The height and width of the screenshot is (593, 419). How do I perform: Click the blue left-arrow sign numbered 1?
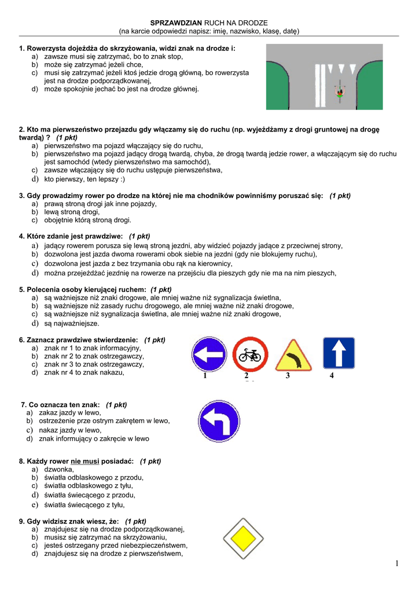pyautogui.click(x=209, y=353)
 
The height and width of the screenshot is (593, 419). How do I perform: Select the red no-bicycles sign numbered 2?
pyautogui.click(x=250, y=354)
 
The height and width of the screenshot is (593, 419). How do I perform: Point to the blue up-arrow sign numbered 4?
pyautogui.click(x=339, y=353)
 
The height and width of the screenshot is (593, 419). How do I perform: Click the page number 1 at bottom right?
pyautogui.click(x=398, y=563)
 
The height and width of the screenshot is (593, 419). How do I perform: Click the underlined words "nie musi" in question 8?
pyautogui.click(x=85, y=462)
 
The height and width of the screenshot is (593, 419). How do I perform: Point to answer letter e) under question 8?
pyautogui.click(x=35, y=504)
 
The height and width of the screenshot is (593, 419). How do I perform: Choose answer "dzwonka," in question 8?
pyautogui.click(x=59, y=470)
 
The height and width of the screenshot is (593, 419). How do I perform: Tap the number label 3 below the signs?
pyautogui.click(x=287, y=376)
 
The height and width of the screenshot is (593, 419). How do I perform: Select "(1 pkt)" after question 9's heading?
pyautogui.click(x=135, y=521)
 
